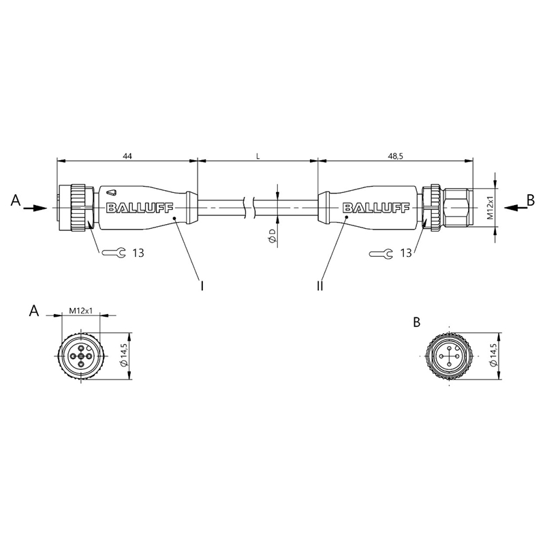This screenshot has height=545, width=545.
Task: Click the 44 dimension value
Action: click(127, 156)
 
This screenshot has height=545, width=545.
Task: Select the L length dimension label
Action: click(258, 156)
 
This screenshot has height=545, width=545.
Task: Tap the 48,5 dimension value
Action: click(395, 156)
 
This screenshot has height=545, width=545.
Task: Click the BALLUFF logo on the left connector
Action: click(140, 208)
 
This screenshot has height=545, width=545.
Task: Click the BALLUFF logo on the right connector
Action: click(376, 208)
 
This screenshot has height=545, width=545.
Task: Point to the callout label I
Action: click(202, 285)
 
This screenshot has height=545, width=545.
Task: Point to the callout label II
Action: click(320, 285)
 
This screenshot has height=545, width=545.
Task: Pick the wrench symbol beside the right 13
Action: click(381, 253)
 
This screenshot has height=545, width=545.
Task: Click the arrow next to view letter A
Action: click(35, 208)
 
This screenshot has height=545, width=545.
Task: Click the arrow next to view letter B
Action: click(516, 208)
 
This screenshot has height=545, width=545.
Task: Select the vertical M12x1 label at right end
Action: click(490, 208)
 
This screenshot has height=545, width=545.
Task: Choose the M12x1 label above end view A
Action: click(80, 311)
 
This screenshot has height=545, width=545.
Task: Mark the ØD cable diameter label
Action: click(272, 236)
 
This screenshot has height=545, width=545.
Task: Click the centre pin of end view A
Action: click(81, 356)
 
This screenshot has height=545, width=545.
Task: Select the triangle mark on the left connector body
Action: click(112, 192)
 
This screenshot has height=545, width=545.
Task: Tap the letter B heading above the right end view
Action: click(417, 322)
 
